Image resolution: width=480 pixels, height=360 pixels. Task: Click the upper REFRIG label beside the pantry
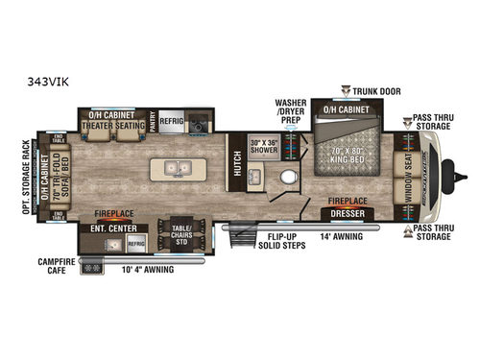point(171,122)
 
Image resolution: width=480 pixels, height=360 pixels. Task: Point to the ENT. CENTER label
point(113,228)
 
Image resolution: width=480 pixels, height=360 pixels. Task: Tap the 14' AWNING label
point(342,235)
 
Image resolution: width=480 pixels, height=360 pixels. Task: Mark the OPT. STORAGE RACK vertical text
point(26,178)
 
